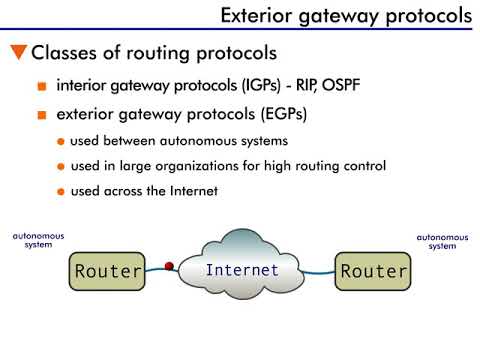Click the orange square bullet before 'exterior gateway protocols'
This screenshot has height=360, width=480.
42,115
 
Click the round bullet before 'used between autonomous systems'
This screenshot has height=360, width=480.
62,141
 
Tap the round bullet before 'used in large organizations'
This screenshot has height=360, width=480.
62,165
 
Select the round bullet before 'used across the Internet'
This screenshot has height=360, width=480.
62,190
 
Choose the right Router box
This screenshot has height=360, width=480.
373,271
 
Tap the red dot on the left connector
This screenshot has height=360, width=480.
169,266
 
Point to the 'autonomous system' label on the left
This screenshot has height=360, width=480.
38,240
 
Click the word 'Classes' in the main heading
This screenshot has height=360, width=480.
68,52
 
